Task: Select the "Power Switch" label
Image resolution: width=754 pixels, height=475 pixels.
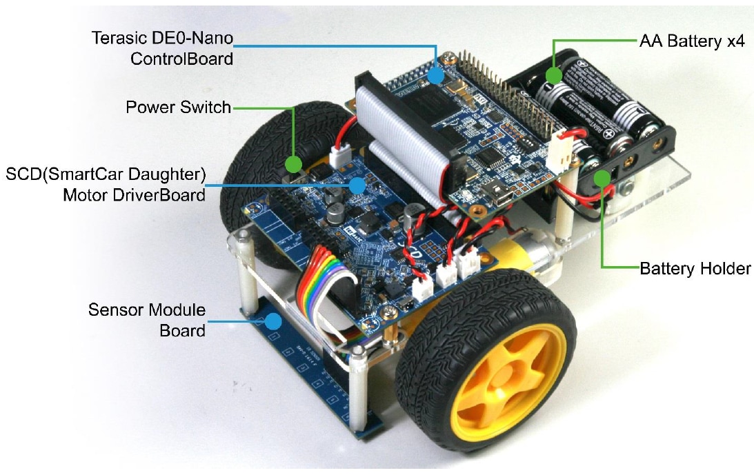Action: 178,108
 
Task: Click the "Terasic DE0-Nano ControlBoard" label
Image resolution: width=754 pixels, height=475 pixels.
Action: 163,48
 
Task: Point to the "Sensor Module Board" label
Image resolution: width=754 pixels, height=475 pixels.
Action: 147,320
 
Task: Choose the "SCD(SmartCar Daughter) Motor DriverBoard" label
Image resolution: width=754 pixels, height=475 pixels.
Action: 106,183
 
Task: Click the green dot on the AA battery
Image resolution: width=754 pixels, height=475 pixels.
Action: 552,75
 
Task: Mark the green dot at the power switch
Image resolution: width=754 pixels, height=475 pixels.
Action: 294,164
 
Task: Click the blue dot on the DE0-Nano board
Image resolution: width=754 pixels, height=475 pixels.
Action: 435,75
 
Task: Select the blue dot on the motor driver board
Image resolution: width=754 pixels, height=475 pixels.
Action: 357,185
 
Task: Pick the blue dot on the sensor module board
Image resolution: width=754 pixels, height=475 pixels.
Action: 275,321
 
